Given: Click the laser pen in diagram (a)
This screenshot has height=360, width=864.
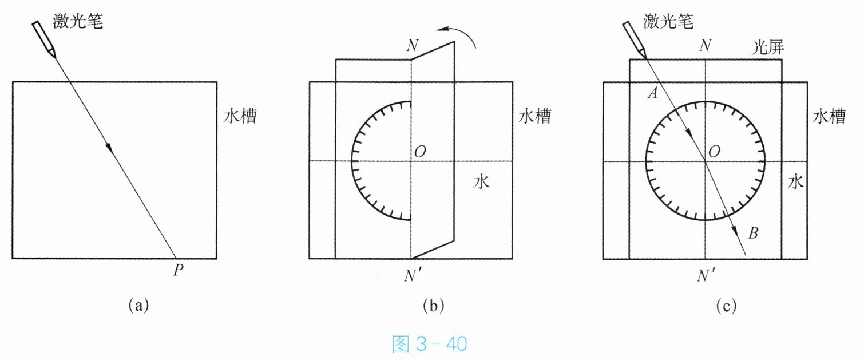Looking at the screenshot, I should tap(44, 39).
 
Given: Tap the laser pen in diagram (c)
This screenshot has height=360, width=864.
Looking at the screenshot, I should tap(633, 39).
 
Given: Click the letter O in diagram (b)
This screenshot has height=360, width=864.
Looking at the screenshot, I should tap(419, 152).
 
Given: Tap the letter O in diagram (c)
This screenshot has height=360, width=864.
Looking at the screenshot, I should tap(714, 152).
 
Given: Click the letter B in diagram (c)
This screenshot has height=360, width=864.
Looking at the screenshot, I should tap(754, 233).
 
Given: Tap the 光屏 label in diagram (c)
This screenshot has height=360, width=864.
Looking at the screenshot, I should tap(767, 49).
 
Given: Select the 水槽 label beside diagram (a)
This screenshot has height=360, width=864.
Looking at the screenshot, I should tap(240, 117).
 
